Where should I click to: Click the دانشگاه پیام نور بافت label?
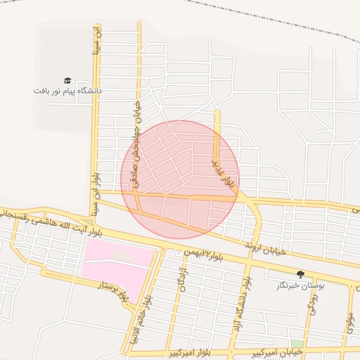67,91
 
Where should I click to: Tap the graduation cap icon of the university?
67,81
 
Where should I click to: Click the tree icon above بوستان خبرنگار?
301,274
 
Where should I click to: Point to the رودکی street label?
312,303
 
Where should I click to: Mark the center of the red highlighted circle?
180,179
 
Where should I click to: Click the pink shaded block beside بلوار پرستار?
116,263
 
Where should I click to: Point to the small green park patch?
296,344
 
